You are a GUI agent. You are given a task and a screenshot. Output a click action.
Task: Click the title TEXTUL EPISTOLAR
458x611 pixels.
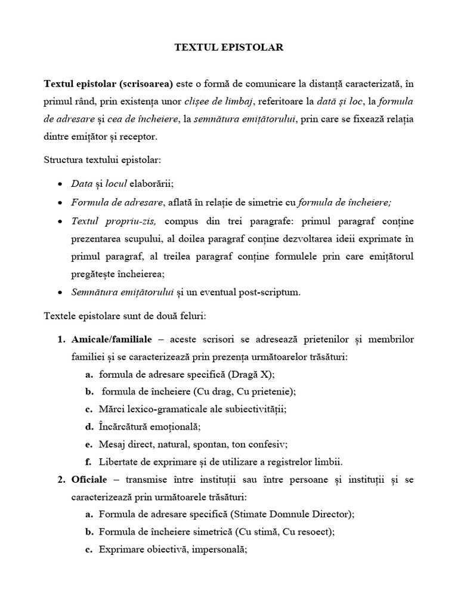click(228, 48)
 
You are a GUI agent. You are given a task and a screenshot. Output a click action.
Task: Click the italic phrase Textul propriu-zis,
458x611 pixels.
click(113, 221)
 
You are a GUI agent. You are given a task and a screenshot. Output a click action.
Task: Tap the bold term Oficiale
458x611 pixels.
click(89, 479)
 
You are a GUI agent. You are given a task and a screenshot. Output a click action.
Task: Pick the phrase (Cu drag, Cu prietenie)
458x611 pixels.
click(245, 391)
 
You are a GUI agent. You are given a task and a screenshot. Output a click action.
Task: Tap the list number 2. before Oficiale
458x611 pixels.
click(61, 479)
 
